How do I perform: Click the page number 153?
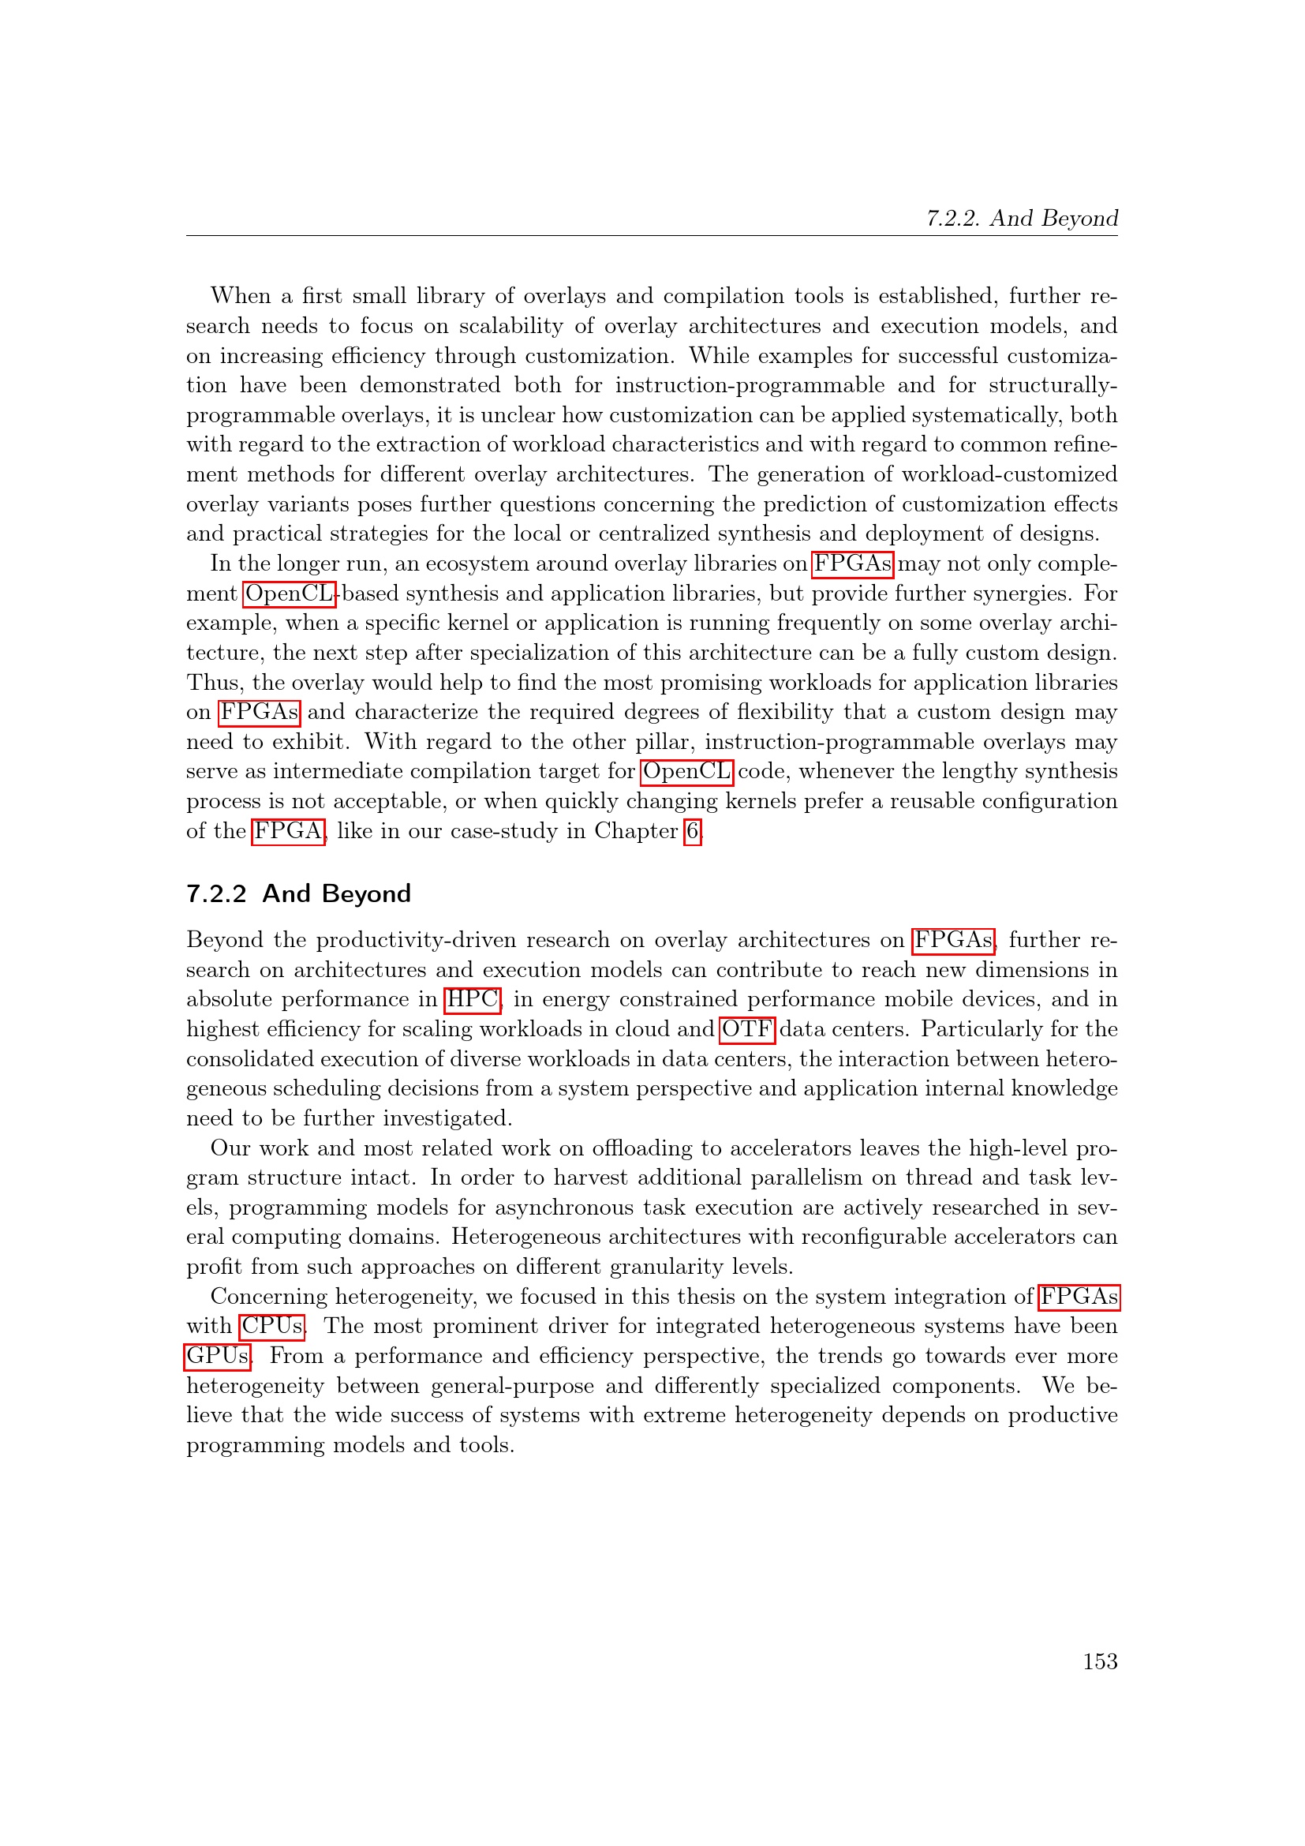[x=1099, y=1661]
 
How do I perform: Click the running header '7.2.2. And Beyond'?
[x=1021, y=219]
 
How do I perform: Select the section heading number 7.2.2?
[x=216, y=893]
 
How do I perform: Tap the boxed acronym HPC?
[x=473, y=999]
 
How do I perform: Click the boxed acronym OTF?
[x=746, y=1029]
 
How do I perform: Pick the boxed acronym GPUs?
[x=218, y=1356]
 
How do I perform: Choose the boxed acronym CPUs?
[x=271, y=1326]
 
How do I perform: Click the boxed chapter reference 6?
[x=692, y=830]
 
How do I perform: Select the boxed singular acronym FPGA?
[x=289, y=830]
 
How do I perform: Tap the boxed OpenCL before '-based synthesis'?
[x=289, y=593]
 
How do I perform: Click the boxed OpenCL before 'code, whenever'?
[x=686, y=771]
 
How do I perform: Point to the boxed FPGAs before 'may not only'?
[x=852, y=564]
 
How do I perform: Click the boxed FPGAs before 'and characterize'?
[x=259, y=713]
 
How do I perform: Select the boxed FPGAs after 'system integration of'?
[x=1079, y=1296]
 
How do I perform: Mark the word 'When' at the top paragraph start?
[x=241, y=296]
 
